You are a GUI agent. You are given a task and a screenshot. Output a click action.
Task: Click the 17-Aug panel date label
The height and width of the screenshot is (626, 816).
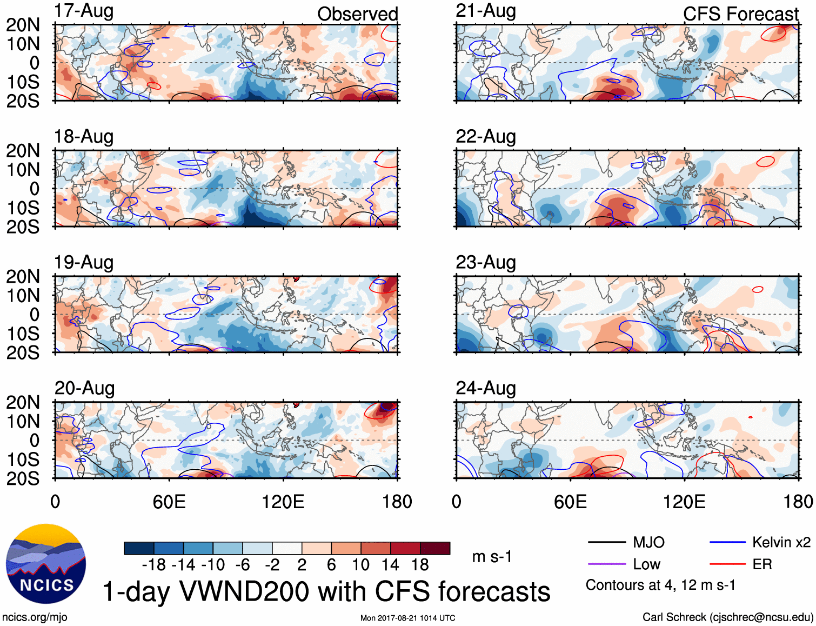click(84, 11)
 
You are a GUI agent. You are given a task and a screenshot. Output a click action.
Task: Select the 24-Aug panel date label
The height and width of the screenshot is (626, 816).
click(485, 388)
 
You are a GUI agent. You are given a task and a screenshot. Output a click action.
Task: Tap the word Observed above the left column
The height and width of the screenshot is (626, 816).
click(357, 14)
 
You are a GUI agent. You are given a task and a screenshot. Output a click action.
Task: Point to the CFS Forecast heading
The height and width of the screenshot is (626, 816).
click(740, 14)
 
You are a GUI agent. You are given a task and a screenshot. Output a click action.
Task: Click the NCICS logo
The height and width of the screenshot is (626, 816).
click(46, 564)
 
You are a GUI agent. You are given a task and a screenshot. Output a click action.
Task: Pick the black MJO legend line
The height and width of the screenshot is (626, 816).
click(606, 542)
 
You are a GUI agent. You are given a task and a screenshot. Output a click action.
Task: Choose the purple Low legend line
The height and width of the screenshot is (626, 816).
click(606, 564)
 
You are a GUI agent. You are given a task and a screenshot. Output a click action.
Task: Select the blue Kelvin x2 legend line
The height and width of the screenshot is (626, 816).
click(727, 542)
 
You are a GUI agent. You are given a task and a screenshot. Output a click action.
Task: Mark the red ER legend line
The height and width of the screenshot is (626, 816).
click(727, 564)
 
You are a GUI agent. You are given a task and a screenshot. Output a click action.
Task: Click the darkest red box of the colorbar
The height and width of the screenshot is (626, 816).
click(435, 548)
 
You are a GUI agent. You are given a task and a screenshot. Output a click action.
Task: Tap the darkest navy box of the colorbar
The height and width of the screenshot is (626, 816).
click(139, 548)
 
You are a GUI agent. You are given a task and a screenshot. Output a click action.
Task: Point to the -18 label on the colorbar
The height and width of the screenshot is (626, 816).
click(153, 565)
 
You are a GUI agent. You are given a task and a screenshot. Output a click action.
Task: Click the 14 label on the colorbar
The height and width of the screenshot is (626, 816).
click(390, 565)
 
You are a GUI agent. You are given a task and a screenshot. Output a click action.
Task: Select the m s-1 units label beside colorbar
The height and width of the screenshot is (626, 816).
click(492, 556)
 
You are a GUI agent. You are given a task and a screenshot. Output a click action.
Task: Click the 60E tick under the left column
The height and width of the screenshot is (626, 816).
click(169, 502)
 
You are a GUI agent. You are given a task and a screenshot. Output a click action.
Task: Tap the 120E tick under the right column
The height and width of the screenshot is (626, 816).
click(684, 502)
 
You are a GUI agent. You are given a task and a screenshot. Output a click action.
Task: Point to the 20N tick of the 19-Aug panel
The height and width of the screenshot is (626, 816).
click(23, 276)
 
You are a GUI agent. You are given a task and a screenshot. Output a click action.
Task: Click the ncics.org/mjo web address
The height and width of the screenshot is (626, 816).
click(35, 617)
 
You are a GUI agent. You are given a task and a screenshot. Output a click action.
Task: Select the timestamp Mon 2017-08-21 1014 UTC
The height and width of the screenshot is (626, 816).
click(407, 618)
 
